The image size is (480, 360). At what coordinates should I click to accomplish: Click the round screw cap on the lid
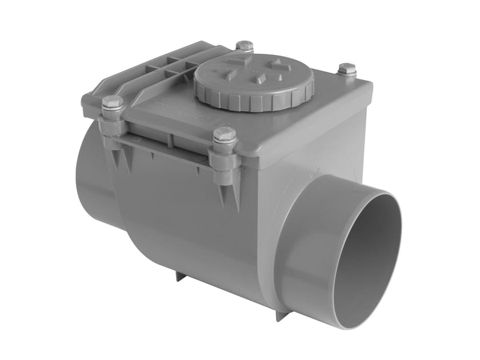click(254, 81)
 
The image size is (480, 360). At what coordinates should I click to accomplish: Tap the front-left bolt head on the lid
click(113, 103)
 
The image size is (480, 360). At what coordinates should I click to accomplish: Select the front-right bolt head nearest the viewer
click(225, 135)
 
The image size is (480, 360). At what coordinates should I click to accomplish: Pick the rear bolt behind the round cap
click(245, 46)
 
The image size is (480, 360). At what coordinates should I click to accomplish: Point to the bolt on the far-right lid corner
click(346, 70)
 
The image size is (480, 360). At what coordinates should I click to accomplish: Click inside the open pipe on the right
click(366, 257)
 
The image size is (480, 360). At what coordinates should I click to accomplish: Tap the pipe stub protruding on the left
click(91, 171)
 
